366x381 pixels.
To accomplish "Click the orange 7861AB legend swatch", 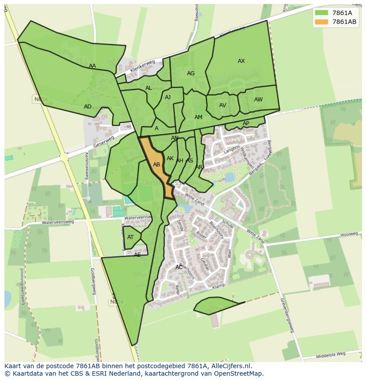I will (x=322, y=22).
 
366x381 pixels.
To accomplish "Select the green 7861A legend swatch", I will (x=322, y=13).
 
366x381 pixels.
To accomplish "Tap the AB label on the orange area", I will (x=156, y=165).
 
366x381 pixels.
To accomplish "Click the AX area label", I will (x=241, y=61).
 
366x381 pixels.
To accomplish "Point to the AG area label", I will (x=191, y=73).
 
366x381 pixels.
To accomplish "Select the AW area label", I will (x=258, y=100).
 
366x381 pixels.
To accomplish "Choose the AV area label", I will (x=223, y=105).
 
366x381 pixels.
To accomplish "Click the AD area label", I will (x=88, y=107).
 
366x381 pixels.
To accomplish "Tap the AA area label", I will (x=92, y=66).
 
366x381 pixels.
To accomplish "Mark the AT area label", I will (x=130, y=237).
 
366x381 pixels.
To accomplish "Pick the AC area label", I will (x=179, y=267).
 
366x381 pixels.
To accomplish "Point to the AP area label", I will (x=246, y=123).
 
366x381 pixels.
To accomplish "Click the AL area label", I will (x=149, y=88).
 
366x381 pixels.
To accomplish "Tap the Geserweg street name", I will (x=104, y=142).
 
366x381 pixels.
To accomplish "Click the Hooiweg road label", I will (x=349, y=234).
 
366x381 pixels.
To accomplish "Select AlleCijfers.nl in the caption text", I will (x=229, y=366).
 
